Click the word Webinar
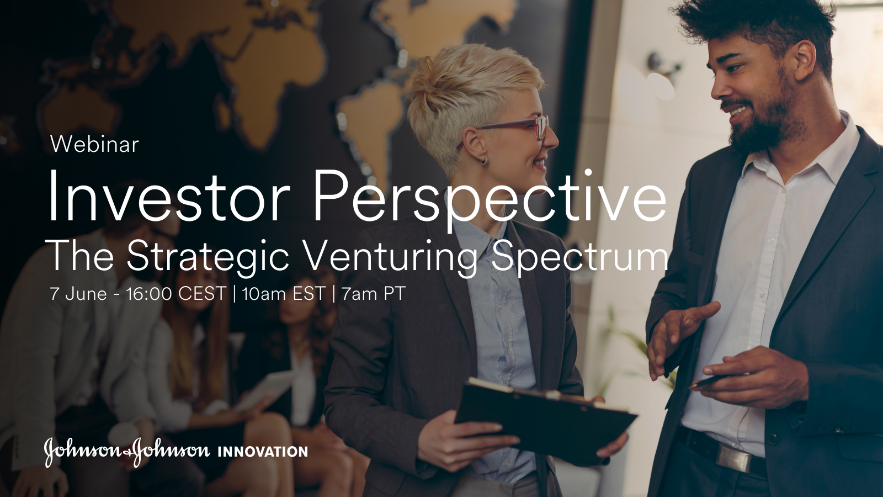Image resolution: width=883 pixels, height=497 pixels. pos(94,145)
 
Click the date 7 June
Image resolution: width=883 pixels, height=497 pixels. pos(78,294)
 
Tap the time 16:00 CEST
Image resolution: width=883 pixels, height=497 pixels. pos(176,294)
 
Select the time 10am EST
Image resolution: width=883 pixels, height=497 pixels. pos(283,294)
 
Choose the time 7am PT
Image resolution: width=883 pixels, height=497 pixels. pos(374,294)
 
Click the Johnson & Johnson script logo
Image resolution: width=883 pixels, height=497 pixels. pos(127,451)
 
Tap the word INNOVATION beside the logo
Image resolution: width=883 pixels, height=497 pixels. pos(263,452)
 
